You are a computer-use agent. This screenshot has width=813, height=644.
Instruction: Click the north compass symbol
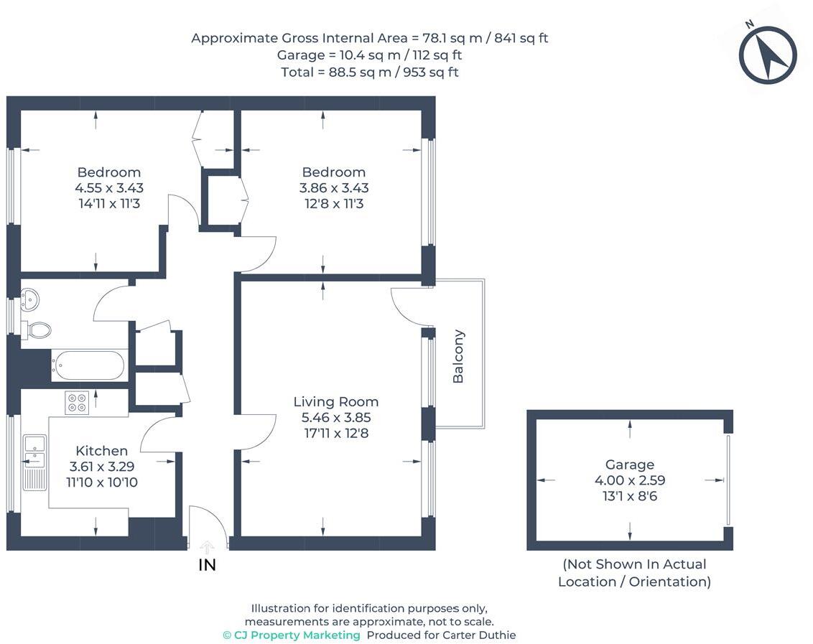tap(767, 55)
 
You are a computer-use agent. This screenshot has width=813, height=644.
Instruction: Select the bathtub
tap(89, 365)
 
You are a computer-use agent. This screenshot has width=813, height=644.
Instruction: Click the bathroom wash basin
tap(29, 299)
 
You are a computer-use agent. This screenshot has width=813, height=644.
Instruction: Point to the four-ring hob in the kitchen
tap(77, 403)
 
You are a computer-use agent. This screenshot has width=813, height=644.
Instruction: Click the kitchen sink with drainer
tap(34, 462)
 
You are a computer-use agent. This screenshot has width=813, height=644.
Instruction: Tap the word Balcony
tap(457, 356)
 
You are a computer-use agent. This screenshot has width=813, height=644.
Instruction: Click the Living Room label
tap(336, 402)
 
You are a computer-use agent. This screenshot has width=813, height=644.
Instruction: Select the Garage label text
tap(629, 465)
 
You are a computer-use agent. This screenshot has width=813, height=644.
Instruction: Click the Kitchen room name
tap(102, 451)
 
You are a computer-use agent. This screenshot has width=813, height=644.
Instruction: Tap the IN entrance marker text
tap(207, 564)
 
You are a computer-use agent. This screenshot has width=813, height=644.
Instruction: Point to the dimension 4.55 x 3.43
tap(109, 187)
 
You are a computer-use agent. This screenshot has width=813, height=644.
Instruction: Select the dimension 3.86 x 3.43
tap(334, 187)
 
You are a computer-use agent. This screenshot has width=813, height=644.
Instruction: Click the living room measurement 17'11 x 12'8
tap(336, 433)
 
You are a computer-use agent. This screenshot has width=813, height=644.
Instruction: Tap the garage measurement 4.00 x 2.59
tap(629, 480)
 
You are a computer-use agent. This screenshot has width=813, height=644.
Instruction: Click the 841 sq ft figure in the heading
tap(521, 38)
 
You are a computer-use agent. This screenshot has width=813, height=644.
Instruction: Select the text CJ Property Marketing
tap(292, 635)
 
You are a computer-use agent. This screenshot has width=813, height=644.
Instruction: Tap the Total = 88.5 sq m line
tap(370, 72)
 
